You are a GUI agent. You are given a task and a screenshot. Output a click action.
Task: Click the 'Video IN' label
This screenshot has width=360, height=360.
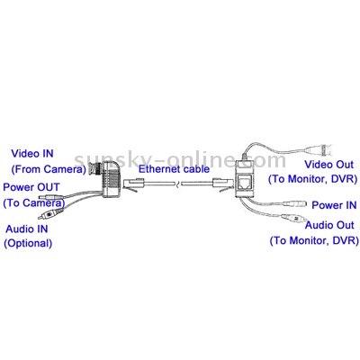coord(32,154)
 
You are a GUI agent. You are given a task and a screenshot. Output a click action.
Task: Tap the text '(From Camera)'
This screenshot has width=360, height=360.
coord(49,169)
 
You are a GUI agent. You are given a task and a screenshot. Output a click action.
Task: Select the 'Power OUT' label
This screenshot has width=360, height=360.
coord(31,187)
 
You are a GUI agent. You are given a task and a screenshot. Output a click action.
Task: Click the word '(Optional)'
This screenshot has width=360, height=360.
coord(28,243)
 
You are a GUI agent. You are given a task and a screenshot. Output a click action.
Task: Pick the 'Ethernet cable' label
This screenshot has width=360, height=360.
coord(174,169)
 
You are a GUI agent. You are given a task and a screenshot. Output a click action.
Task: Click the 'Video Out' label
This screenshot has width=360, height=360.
coord(329,165)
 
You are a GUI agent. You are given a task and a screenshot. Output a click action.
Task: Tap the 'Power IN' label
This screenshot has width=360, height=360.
coord(334,205)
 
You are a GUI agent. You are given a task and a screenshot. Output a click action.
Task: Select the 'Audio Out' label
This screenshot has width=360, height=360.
coord(329,225)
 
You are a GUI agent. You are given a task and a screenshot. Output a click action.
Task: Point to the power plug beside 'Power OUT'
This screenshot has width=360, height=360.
coord(51,197)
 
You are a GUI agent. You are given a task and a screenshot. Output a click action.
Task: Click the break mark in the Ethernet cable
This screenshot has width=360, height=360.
coord(179,183)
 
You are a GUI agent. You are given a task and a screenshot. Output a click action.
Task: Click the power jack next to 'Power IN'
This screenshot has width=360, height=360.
coord(295,205)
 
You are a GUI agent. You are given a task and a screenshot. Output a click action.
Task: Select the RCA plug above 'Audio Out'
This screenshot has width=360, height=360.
coord(292,218)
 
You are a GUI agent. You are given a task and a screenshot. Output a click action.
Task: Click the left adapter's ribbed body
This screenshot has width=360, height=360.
coord(112,179)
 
